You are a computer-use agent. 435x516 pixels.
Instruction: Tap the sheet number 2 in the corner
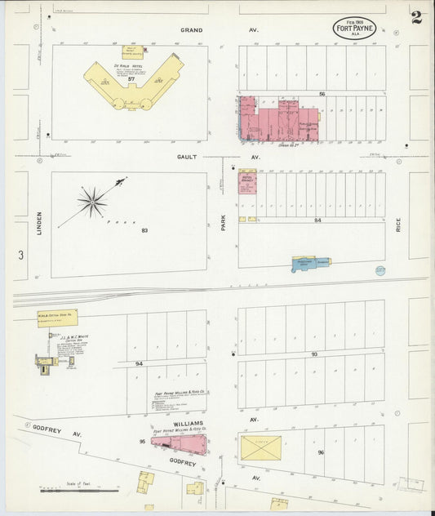coord(416,18)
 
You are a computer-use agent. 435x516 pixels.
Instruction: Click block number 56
coord(322,95)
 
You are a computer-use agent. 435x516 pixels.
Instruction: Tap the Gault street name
coord(187,157)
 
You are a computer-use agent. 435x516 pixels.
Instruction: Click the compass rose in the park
coord(93,201)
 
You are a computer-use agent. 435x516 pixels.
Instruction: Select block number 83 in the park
coord(144,231)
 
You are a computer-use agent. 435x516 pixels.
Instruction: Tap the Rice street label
coord(398,223)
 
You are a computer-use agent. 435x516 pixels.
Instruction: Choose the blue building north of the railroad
coord(311,263)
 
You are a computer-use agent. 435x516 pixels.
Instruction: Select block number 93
coord(313,354)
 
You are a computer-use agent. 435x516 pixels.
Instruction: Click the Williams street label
coord(187,424)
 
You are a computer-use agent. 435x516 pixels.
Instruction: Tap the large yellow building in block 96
coord(261,447)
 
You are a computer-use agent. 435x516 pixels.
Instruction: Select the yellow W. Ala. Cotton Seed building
coord(56,318)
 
